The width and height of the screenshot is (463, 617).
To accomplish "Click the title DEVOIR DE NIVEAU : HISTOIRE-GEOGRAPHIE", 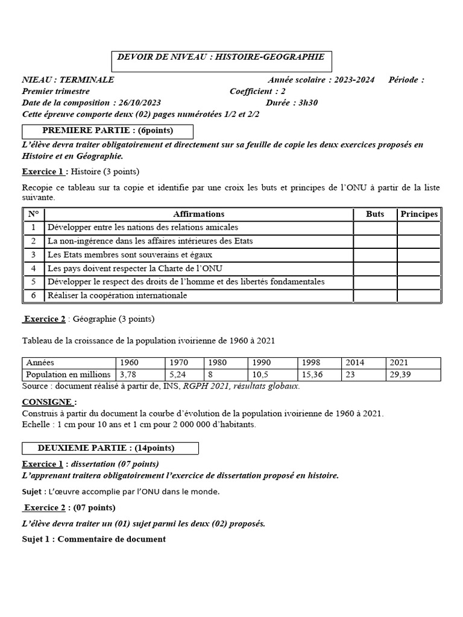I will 222,57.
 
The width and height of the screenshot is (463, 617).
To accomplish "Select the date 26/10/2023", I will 140,102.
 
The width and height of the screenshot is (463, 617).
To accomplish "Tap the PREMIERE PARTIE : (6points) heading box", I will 107,131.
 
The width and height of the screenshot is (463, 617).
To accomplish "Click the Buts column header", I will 375,214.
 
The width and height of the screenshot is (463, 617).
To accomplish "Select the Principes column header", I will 419,214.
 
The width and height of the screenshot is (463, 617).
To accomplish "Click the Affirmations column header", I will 198,214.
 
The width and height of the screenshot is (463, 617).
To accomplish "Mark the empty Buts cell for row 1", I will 375,227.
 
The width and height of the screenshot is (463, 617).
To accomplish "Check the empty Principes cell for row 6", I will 419,296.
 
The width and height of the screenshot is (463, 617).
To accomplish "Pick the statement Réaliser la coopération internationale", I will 117,296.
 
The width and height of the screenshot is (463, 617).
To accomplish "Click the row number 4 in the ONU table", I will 34,268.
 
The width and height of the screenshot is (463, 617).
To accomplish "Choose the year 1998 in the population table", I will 311,362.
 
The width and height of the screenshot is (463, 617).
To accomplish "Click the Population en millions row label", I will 68,374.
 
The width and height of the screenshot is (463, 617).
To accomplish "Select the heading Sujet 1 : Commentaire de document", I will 93,539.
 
